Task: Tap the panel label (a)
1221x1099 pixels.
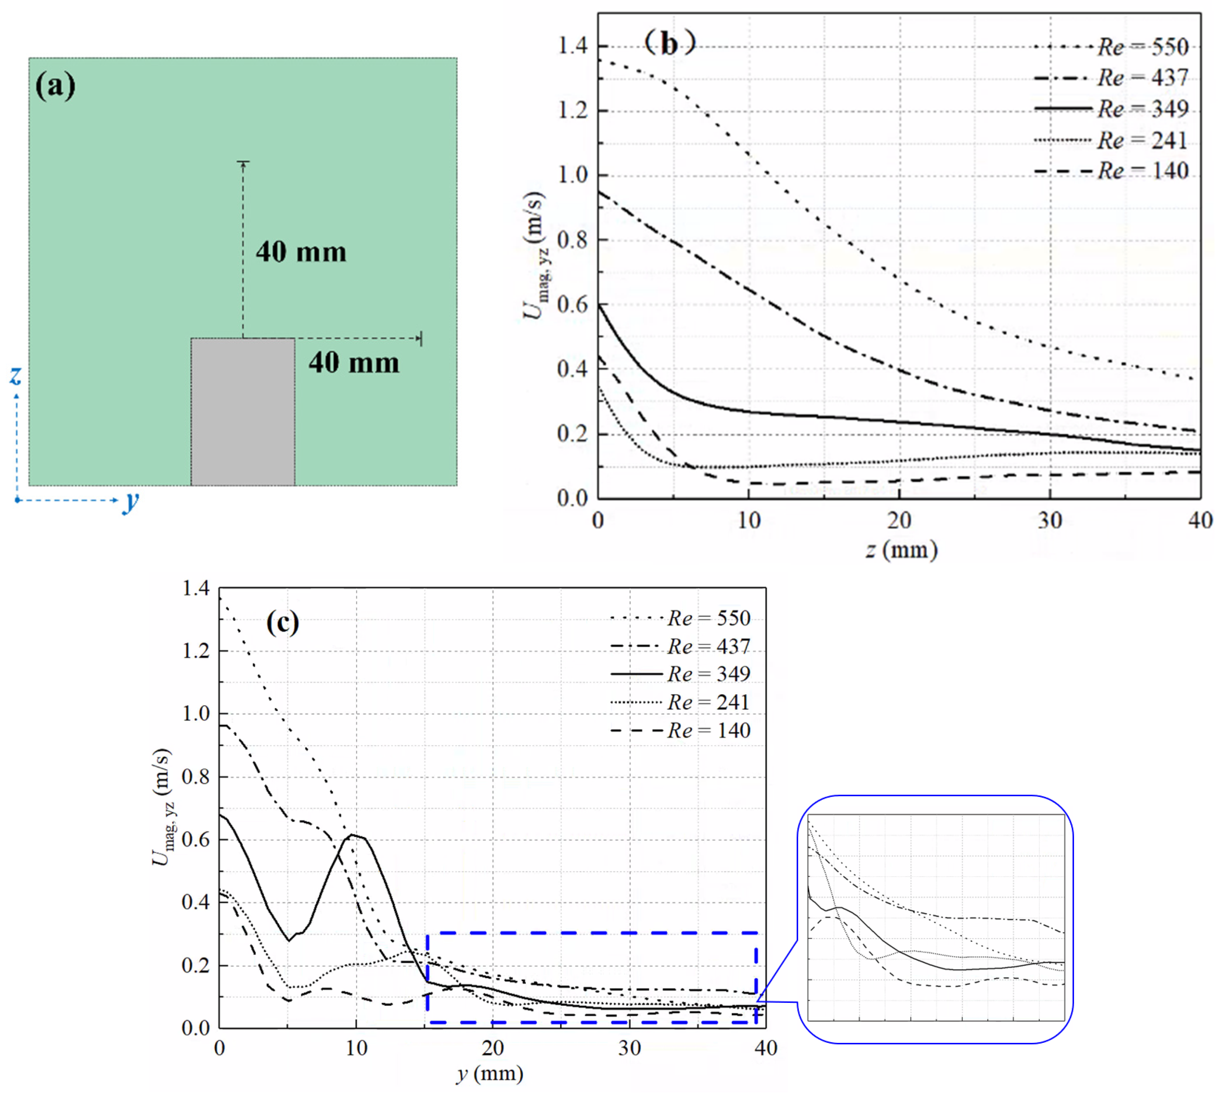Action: (56, 85)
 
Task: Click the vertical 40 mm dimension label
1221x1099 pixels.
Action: (301, 252)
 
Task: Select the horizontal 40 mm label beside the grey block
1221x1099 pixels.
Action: (354, 362)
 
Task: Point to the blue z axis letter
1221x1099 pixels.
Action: (16, 375)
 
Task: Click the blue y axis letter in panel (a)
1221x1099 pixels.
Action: (130, 501)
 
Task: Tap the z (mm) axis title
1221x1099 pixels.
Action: (901, 550)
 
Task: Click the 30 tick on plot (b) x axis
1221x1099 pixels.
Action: (1050, 520)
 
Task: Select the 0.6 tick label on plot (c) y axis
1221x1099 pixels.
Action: (196, 839)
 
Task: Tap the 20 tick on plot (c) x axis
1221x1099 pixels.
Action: (493, 1048)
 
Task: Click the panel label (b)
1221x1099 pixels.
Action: (669, 43)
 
